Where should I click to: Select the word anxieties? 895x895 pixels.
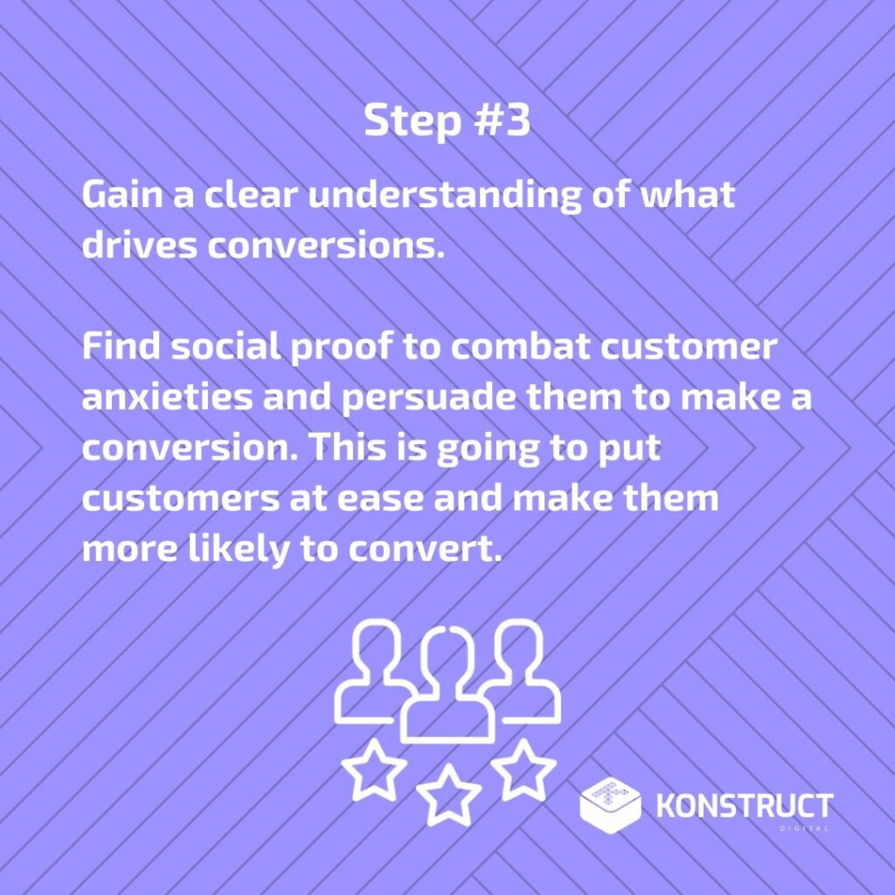(167, 398)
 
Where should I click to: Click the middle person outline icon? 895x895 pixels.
(447, 684)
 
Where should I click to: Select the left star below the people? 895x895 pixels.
(374, 770)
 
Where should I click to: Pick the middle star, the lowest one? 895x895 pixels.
(448, 794)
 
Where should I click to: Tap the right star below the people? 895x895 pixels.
(524, 769)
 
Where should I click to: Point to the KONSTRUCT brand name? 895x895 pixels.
(745, 806)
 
